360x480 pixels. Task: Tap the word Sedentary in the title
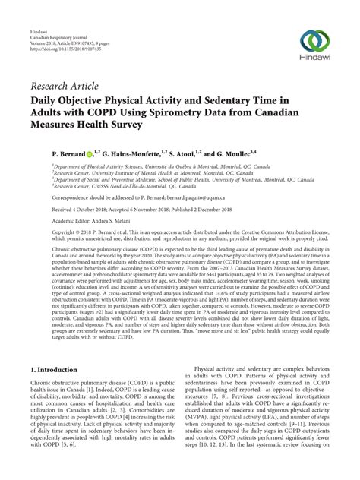pyautogui.click(x=259, y=97)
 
